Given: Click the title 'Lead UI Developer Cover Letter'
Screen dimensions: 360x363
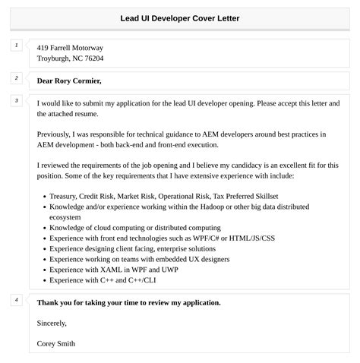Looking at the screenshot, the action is pos(179,18).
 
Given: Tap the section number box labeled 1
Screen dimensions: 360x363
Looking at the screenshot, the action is pos(17,46).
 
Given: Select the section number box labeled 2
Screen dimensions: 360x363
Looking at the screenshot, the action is pos(17,78).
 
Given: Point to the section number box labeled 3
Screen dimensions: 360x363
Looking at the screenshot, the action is pos(17,101).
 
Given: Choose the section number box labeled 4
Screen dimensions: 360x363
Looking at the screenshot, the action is pos(17,300).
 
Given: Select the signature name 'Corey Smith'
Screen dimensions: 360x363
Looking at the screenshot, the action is pos(55,344).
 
